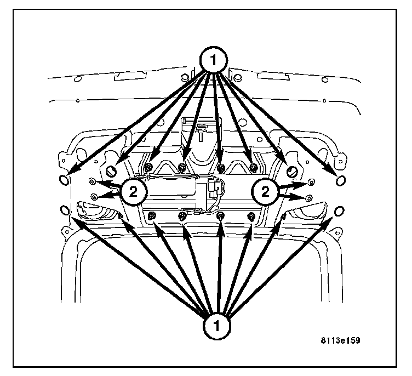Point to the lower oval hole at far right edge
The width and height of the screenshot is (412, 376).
tap(339, 210)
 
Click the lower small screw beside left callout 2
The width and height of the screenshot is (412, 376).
tap(95, 196)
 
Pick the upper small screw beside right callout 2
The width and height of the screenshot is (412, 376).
tap(311, 181)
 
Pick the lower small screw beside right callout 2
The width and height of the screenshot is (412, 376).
tap(309, 196)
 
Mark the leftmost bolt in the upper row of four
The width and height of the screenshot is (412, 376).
tap(149, 167)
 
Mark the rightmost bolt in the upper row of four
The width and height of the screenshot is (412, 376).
tap(253, 167)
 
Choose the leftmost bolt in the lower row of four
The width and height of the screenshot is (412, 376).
tap(153, 215)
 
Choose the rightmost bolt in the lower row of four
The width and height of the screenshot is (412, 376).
tap(251, 215)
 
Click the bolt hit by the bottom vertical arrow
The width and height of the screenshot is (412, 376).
tap(220, 216)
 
